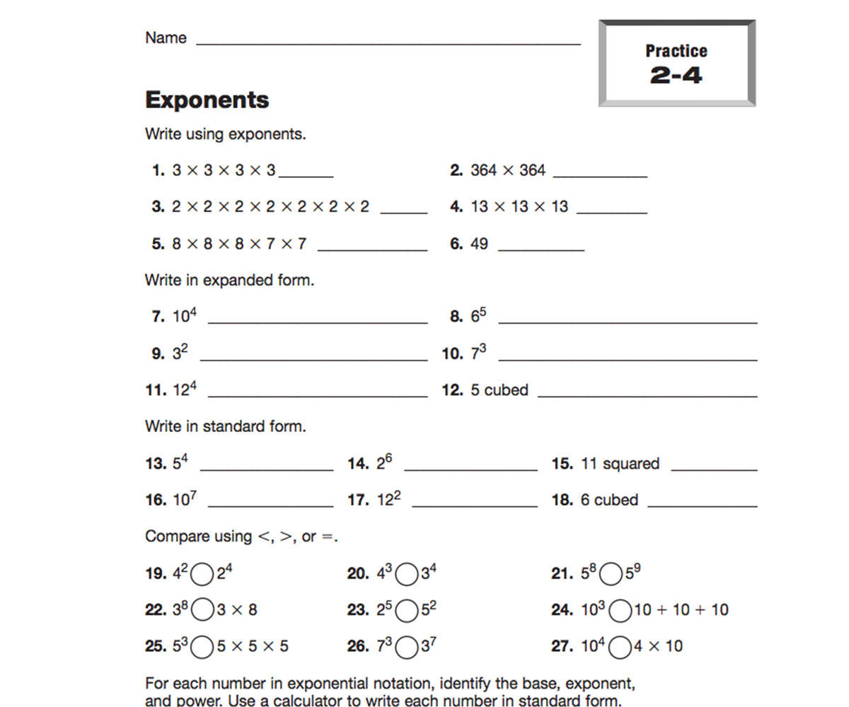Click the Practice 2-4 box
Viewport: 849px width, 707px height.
676,64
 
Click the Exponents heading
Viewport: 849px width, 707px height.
207,100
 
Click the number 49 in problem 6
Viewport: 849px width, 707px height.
479,244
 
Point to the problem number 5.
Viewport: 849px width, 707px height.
158,244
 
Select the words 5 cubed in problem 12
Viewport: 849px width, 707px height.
499,390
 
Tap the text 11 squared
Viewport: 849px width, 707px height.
620,464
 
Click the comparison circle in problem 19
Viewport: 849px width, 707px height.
202,574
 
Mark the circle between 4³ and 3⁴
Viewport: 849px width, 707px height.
406,574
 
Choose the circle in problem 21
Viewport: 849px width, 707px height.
611,574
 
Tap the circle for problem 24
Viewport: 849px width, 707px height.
620,610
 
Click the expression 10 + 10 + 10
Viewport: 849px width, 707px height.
681,609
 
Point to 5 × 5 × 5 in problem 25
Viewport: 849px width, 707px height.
253,646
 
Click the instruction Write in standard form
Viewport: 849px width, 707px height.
226,426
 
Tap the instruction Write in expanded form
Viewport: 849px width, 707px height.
229,280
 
